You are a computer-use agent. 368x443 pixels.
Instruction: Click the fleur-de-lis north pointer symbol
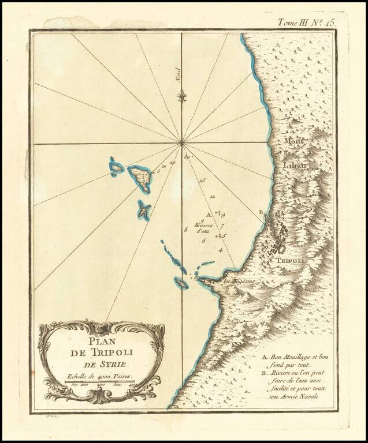click(x=183, y=96)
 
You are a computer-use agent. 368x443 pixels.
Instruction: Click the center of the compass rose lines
click(x=182, y=141)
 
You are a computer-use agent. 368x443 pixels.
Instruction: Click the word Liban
click(x=295, y=164)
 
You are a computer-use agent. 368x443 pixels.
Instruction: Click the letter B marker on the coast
click(x=261, y=212)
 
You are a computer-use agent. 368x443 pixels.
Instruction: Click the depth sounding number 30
click(x=187, y=157)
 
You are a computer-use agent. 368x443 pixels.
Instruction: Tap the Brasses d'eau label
click(x=204, y=228)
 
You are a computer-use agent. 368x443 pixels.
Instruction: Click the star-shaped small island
click(x=143, y=211)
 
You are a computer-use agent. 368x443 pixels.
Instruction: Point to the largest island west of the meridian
click(x=140, y=177)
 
